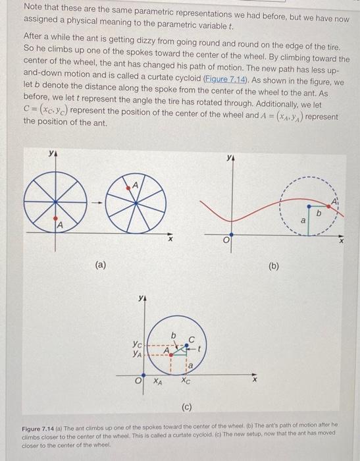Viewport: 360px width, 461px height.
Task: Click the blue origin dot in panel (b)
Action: (x=230, y=234)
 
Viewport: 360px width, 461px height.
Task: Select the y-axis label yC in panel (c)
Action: (x=136, y=344)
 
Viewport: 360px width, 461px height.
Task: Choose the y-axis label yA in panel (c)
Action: (x=136, y=354)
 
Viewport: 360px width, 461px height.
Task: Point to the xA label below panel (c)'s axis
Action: (x=157, y=380)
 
